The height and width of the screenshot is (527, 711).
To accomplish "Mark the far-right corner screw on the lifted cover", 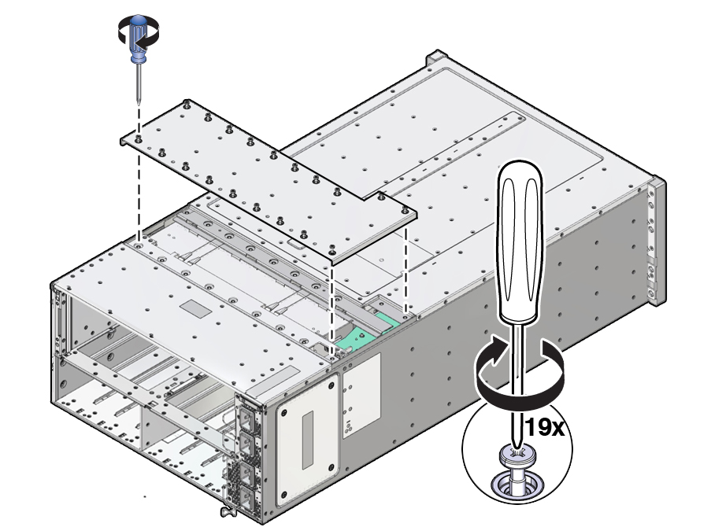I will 405,210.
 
